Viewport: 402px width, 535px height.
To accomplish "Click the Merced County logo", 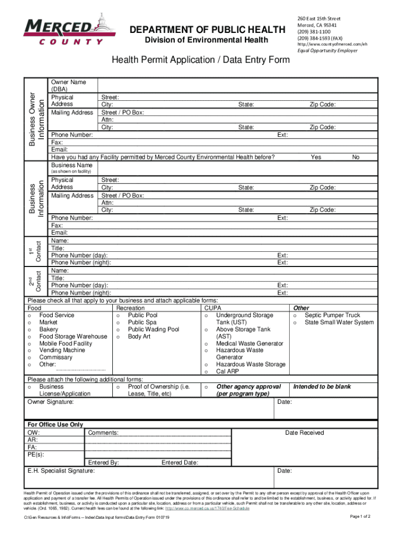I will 63,31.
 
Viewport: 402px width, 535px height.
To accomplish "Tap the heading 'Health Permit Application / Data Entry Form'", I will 200,60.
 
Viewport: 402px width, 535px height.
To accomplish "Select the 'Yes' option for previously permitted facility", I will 316,157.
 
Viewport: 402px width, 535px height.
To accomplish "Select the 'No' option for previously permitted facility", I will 356,157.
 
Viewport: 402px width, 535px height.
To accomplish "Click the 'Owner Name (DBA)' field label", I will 68,86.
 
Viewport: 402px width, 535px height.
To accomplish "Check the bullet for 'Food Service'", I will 30,316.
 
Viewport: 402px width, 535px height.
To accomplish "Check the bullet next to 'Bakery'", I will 30,330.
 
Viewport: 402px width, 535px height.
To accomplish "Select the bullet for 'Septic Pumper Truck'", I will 295,316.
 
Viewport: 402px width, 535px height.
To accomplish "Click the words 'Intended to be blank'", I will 322,387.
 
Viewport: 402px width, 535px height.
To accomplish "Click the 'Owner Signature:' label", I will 51,402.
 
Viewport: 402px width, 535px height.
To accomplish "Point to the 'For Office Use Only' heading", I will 55,425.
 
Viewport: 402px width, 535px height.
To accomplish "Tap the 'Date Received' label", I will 304,433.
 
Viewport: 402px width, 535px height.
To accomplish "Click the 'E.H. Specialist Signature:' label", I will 61,471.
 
